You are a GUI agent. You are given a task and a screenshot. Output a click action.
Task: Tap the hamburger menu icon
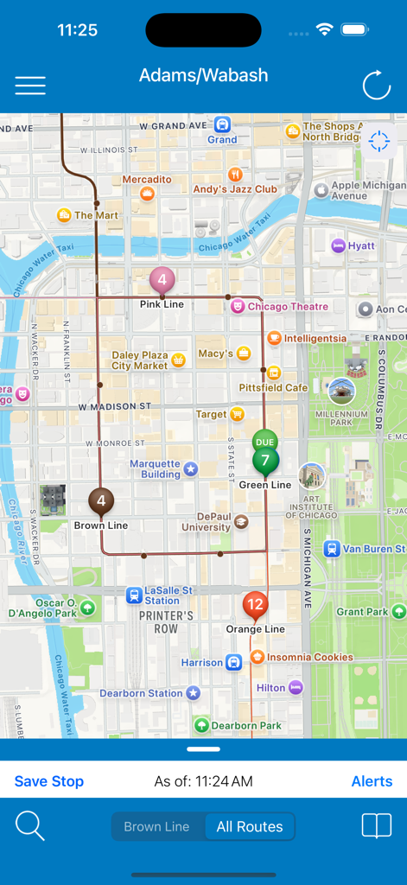[30, 86]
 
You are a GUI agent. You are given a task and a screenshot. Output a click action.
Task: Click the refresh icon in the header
[377, 86]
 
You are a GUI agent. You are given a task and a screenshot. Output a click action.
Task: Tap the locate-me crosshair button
[378, 142]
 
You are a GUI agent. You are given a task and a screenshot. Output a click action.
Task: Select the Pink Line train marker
[162, 280]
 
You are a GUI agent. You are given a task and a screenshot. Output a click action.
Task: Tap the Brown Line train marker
[101, 501]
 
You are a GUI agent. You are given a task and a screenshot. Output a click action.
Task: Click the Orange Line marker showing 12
[255, 604]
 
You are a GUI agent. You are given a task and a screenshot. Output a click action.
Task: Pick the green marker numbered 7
[265, 460]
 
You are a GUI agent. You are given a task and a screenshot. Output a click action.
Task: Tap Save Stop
[49, 781]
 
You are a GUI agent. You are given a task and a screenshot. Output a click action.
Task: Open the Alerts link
[372, 781]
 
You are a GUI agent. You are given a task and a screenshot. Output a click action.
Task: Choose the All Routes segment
[250, 827]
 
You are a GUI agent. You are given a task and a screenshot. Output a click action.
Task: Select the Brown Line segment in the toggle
[156, 827]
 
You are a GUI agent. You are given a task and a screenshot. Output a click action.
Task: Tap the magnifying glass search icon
[30, 826]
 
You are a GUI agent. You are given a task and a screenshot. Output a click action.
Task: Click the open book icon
[377, 826]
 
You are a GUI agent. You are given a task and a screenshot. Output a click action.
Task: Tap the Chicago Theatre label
[288, 307]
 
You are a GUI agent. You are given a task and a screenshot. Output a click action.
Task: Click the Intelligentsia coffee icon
[274, 338]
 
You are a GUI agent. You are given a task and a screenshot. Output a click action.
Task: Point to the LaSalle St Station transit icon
[134, 595]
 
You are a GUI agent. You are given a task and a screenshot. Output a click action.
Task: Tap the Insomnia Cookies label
[309, 657]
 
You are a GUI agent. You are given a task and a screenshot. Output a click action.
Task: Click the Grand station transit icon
[222, 124]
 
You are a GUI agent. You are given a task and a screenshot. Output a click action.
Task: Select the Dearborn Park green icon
[201, 725]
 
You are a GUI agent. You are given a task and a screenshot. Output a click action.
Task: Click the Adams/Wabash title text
[203, 76]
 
